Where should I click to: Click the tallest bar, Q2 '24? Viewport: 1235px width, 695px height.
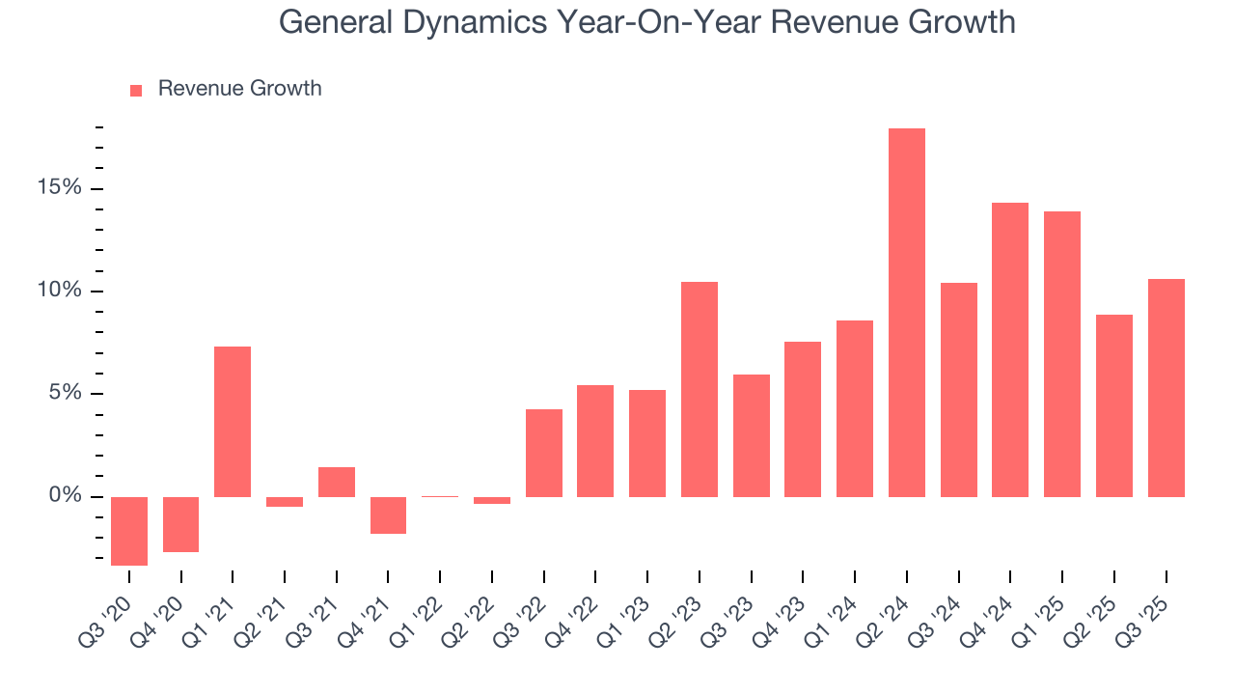click(906, 313)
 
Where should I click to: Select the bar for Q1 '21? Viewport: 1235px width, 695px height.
click(233, 422)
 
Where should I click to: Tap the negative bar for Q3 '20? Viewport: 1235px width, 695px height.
click(129, 531)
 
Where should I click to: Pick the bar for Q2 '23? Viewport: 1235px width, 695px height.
click(699, 389)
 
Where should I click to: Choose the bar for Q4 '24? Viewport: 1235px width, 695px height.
click(1010, 349)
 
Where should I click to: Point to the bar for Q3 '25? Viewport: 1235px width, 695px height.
click(1166, 388)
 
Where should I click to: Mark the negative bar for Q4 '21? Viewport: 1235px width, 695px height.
click(388, 515)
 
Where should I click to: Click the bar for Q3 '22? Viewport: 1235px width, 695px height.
click(543, 453)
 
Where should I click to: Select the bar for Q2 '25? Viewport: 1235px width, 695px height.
click(1113, 405)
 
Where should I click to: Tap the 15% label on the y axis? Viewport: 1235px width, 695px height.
click(60, 188)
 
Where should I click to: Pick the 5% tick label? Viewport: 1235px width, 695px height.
click(66, 394)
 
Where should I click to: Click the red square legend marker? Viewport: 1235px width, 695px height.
click(136, 90)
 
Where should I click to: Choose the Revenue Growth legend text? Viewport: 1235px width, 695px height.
click(239, 89)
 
